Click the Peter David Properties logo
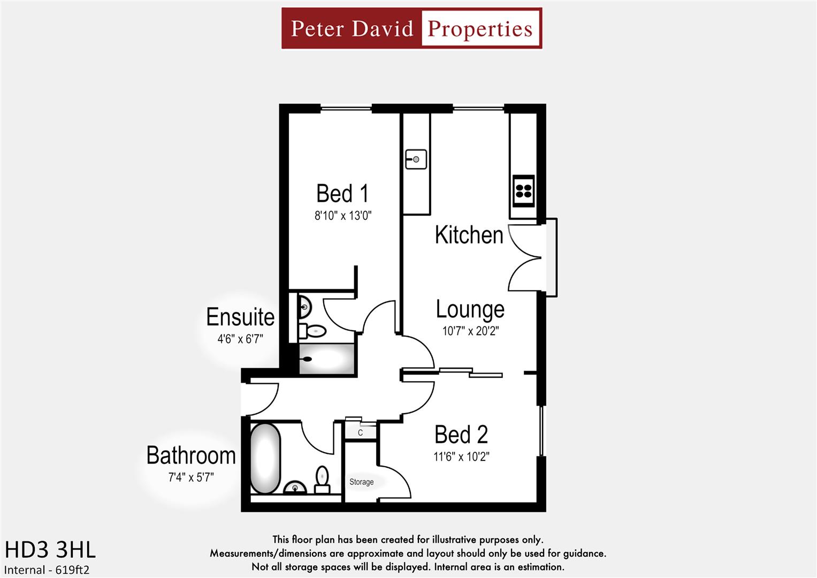tap(411, 28)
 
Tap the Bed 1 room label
tap(342, 194)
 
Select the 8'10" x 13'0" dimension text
tap(342, 216)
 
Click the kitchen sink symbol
tap(416, 159)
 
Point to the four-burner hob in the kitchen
tap(523, 191)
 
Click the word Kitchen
tap(469, 235)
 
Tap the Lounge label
tap(470, 309)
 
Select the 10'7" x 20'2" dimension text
tap(470, 331)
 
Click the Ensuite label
tap(240, 317)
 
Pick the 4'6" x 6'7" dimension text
tap(240, 339)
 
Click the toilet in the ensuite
tap(313, 331)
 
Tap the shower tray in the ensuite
tap(326, 359)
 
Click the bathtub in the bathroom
tap(265, 459)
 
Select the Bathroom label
tap(191, 455)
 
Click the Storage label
tap(361, 482)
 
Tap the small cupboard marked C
tap(360, 432)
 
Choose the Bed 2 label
tap(461, 435)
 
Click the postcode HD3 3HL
tap(50, 550)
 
